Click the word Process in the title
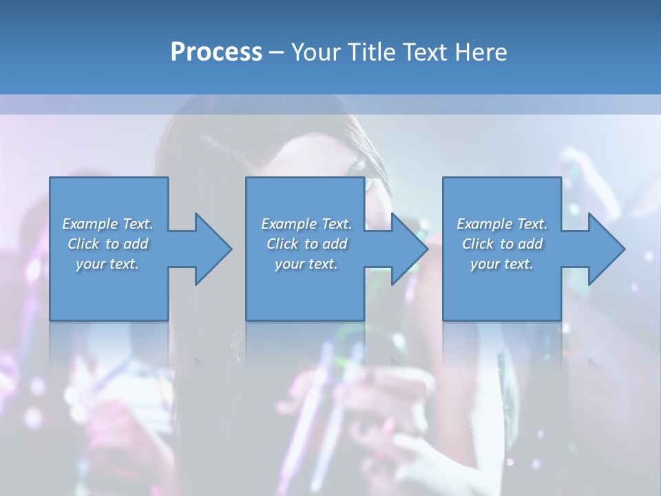click(x=216, y=52)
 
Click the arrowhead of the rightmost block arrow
click(x=605, y=249)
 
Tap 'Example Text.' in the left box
click(x=107, y=224)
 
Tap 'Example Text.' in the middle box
click(x=306, y=224)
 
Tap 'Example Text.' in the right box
click(x=502, y=224)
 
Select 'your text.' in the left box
click(x=107, y=264)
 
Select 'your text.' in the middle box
click(x=306, y=264)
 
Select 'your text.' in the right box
click(x=502, y=264)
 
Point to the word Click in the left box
click(x=83, y=244)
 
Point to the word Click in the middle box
click(x=282, y=244)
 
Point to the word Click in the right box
click(x=478, y=244)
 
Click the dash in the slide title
click(x=276, y=52)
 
